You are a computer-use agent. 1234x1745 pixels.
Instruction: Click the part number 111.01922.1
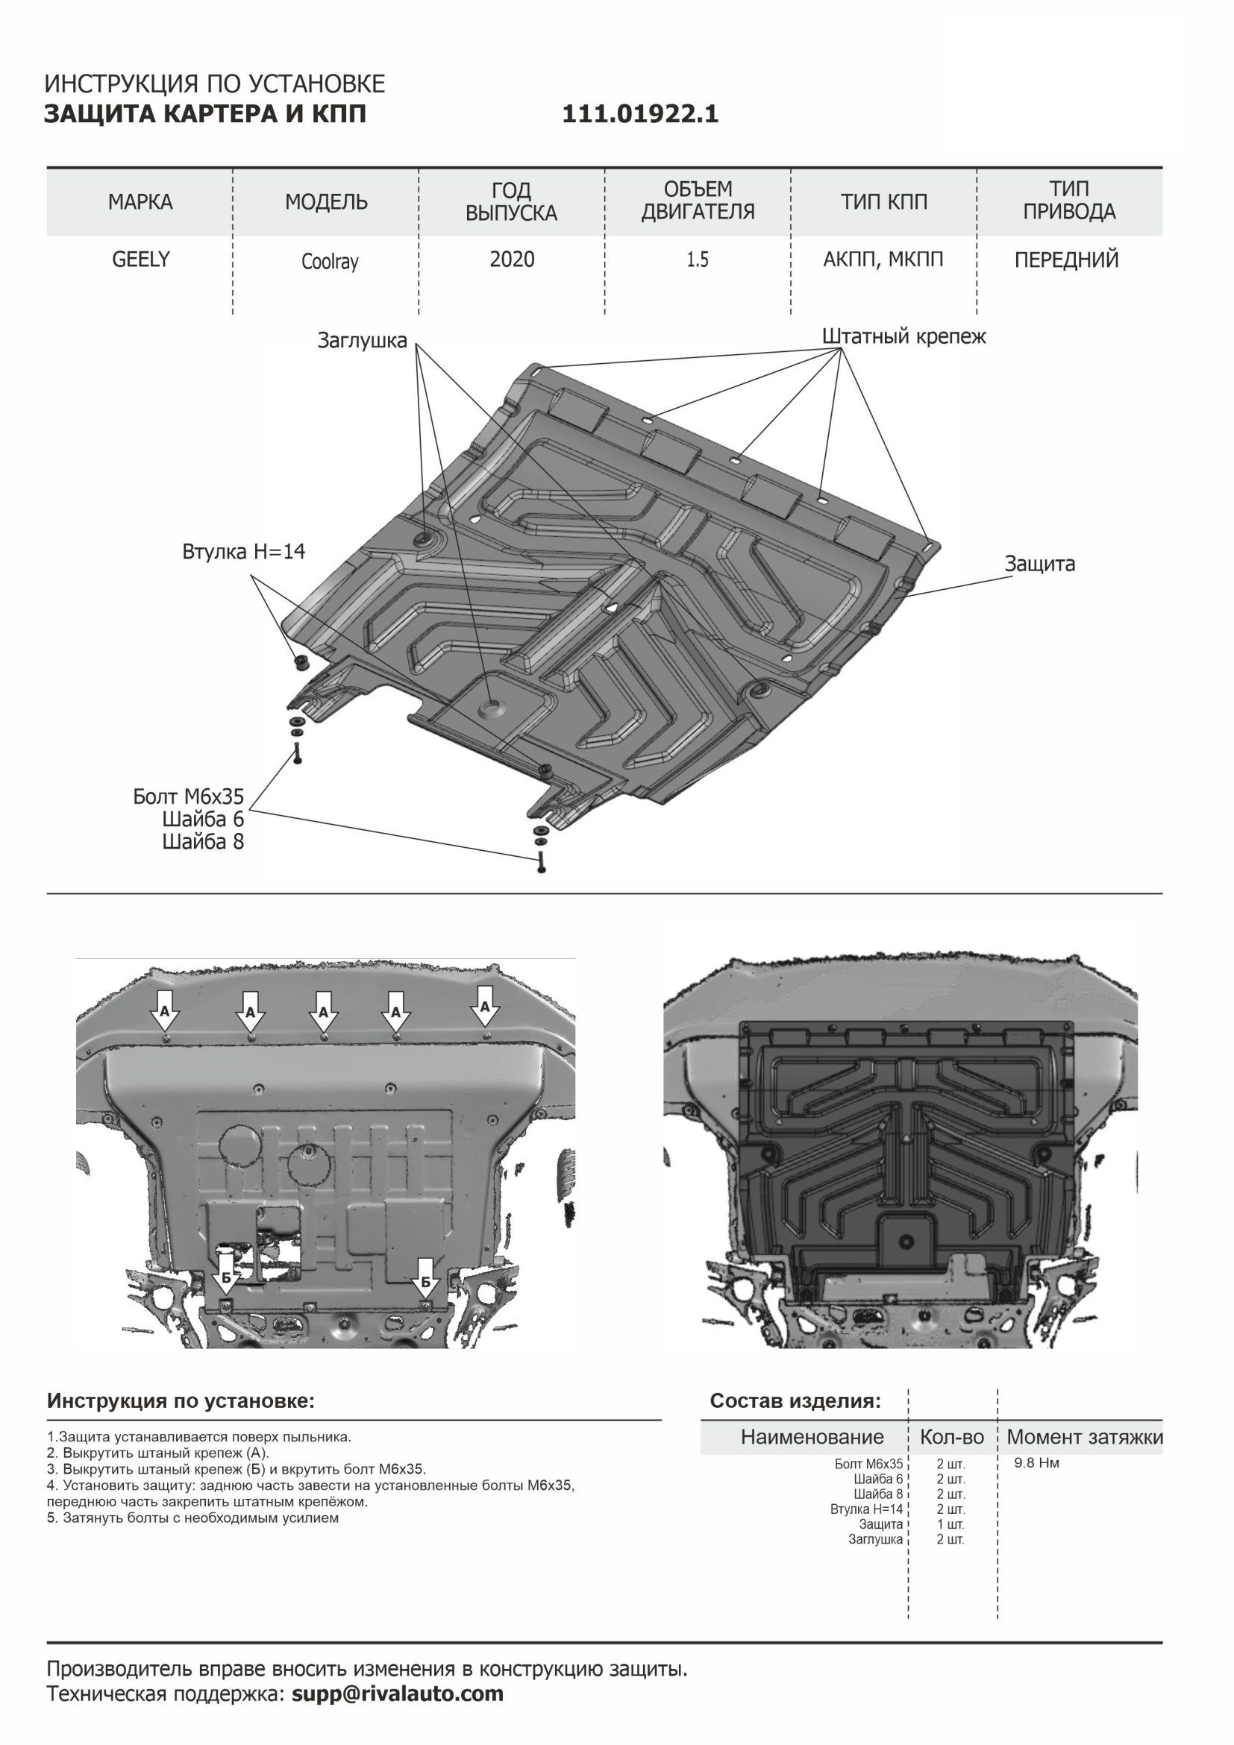(x=640, y=114)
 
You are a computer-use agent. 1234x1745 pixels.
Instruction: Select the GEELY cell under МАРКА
(x=141, y=260)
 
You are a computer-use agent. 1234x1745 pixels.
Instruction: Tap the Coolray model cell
(x=329, y=262)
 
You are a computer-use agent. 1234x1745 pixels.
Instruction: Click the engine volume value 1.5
(x=698, y=260)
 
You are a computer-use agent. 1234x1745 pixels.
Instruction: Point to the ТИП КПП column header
(x=883, y=202)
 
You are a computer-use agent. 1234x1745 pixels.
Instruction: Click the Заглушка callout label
(x=362, y=342)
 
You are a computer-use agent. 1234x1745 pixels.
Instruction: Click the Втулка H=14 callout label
(x=243, y=552)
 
